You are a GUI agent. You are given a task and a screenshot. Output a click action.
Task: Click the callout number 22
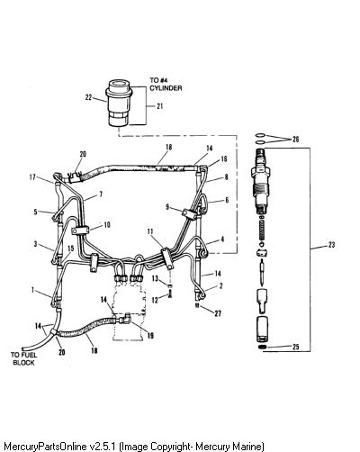point(88,97)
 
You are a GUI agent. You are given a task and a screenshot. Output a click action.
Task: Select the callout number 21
point(160,106)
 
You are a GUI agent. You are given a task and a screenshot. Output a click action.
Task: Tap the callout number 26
point(295,140)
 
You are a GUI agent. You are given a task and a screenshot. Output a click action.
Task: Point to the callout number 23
point(331,245)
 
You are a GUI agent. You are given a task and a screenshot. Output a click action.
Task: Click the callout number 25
point(295,347)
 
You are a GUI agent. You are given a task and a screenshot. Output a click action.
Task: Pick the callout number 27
point(218,313)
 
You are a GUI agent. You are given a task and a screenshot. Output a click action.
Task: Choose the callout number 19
point(150,335)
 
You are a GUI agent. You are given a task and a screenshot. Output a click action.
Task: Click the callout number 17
point(32,177)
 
